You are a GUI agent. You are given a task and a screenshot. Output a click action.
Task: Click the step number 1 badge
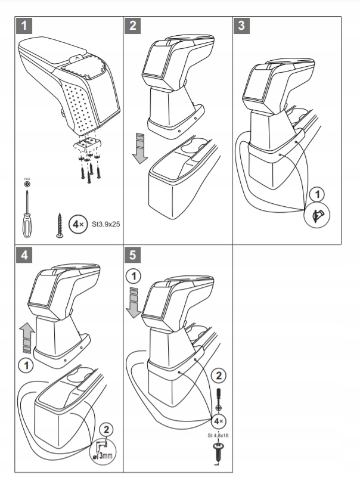[x=23, y=26]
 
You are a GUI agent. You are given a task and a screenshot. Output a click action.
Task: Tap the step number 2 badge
[x=133, y=26]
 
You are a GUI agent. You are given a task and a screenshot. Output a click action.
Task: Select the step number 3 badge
[x=240, y=26]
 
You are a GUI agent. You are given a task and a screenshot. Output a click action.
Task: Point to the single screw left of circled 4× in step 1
[x=60, y=225]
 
